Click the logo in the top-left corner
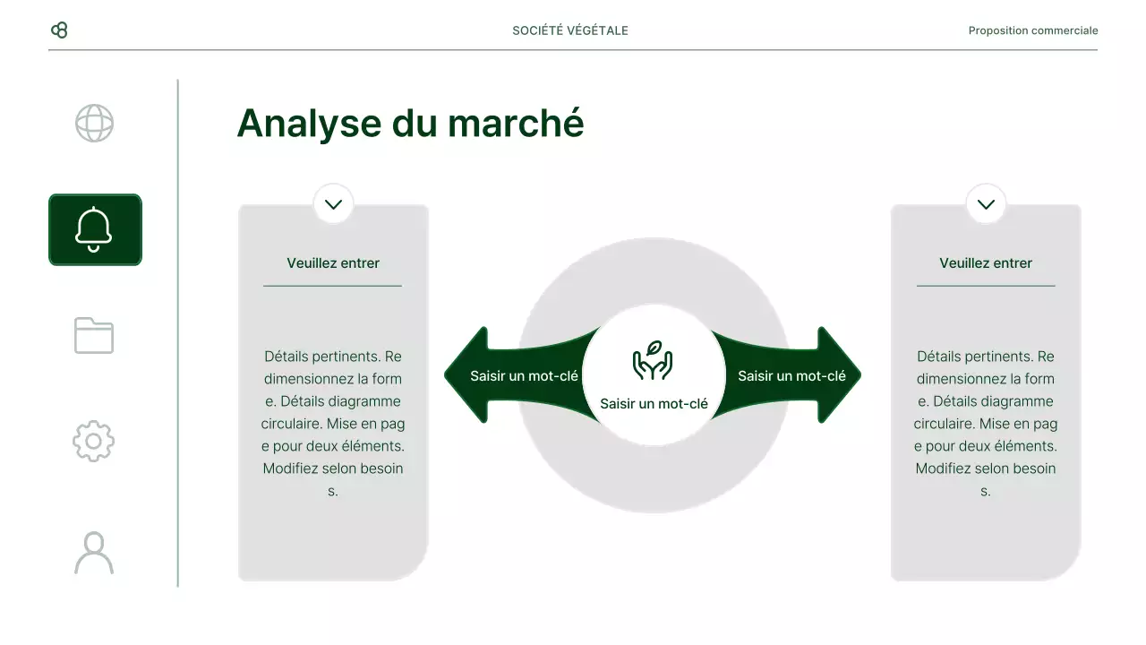(x=59, y=30)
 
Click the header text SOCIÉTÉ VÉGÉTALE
(x=570, y=30)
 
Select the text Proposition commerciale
(x=1032, y=30)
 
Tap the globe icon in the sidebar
(x=94, y=124)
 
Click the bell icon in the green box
(x=94, y=229)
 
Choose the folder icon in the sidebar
(x=94, y=336)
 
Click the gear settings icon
(x=94, y=442)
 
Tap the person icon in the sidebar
(x=94, y=553)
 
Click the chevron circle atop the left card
(x=333, y=204)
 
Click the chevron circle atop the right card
(x=986, y=204)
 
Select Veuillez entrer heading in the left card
(x=333, y=263)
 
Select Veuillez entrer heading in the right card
(x=986, y=263)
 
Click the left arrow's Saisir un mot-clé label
(x=524, y=376)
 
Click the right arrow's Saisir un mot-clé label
(x=791, y=376)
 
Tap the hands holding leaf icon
(x=653, y=361)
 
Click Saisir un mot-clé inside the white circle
(x=654, y=404)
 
